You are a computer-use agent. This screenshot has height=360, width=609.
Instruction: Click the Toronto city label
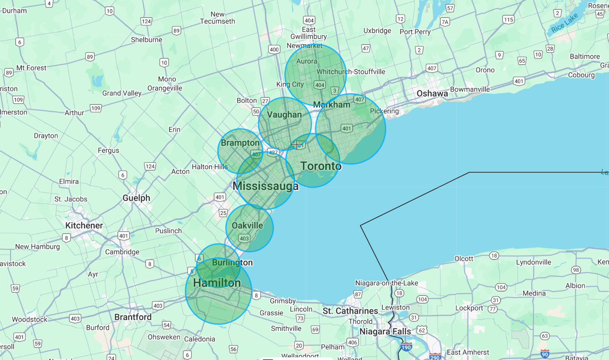point(321,166)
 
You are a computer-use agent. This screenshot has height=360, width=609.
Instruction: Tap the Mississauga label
point(265,186)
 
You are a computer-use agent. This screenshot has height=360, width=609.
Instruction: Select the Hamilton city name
point(217,283)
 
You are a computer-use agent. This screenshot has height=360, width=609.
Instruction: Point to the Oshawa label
point(432,94)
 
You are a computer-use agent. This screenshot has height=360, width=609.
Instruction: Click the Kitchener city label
point(84,225)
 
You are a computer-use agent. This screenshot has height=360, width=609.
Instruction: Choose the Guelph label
point(136,198)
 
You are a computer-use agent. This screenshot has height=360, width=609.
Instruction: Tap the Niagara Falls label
point(385,331)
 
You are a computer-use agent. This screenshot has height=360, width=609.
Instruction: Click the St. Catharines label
point(350,311)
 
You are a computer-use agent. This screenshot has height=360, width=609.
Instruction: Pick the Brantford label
point(133,317)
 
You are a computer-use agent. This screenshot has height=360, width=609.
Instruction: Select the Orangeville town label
point(165,88)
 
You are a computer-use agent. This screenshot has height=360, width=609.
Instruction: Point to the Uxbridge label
point(377,31)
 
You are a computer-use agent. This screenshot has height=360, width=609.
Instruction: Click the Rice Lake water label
point(564,23)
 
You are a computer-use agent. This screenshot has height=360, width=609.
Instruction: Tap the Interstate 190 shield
point(406,347)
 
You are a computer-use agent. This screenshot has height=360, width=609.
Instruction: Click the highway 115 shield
point(508,20)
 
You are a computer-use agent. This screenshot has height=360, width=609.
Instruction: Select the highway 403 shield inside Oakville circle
point(244,238)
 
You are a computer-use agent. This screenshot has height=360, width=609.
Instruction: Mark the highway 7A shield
point(445,22)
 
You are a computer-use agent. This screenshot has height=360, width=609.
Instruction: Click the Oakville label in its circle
point(247,225)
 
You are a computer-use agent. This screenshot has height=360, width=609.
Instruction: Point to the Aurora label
point(306,61)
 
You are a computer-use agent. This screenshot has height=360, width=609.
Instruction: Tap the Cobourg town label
point(581,75)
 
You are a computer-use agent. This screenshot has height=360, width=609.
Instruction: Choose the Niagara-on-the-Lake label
point(386,283)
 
